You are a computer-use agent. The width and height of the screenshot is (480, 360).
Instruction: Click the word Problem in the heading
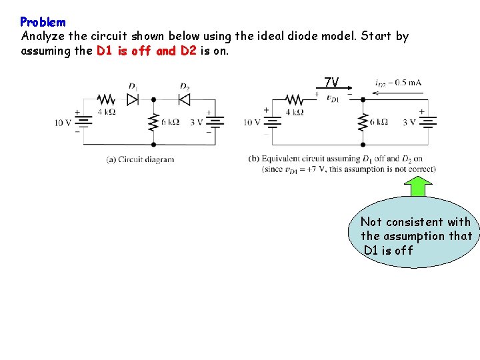pos(43,22)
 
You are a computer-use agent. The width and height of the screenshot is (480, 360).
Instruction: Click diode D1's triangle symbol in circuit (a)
pos(133,99)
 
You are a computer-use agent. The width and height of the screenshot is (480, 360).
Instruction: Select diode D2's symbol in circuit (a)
pos(185,99)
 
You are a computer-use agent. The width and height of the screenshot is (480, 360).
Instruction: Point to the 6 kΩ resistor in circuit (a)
pos(153,122)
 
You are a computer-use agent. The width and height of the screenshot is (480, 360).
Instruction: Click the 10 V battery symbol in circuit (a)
pos(83,122)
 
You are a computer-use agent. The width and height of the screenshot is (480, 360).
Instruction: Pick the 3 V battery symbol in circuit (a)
pos(214,122)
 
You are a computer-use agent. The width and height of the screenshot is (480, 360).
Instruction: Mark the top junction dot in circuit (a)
pos(153,99)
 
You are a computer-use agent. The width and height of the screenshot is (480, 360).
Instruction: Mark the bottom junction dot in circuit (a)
pos(153,144)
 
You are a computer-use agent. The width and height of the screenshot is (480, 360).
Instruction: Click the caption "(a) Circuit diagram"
pos(140,159)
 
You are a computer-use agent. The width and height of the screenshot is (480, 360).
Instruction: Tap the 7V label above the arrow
pos(331,83)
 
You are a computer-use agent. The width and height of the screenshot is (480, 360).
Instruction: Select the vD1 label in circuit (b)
pos(331,99)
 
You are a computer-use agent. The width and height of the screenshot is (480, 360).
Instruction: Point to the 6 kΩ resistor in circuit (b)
pos(363,122)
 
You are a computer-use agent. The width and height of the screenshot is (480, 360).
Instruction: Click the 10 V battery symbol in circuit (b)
pos(273,122)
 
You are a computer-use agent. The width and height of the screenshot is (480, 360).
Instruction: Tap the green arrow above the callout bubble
pos(418,187)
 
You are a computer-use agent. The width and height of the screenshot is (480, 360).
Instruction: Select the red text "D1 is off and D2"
pos(146,51)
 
